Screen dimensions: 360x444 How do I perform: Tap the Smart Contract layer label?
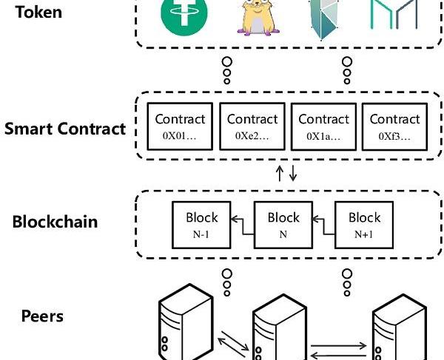[x=65, y=129]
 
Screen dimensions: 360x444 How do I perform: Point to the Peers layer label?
[x=41, y=316]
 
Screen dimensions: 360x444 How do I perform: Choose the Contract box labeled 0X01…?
[x=180, y=126]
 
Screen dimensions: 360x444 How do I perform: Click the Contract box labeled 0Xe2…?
[x=252, y=126]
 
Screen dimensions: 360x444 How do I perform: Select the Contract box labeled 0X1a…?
[x=323, y=126]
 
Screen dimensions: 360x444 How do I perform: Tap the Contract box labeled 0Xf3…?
[x=394, y=126]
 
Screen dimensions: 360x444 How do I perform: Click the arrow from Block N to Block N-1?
[x=242, y=220]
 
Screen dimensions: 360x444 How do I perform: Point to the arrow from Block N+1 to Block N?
[x=323, y=220]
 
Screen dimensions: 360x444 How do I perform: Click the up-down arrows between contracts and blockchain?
[x=286, y=174]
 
